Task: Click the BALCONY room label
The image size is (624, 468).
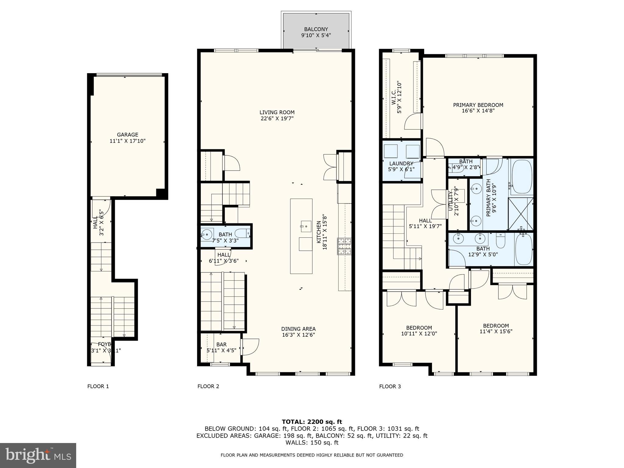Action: tap(316, 29)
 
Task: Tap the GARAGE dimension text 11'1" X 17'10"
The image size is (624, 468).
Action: tap(127, 141)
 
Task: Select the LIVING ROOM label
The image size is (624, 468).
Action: tap(277, 112)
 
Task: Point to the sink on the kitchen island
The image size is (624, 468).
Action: tap(306, 226)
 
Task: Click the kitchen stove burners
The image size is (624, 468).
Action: tap(344, 246)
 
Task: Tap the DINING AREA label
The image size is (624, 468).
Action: tap(298, 329)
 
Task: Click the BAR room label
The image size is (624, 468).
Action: tap(222, 345)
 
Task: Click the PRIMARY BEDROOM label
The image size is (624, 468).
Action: tap(478, 105)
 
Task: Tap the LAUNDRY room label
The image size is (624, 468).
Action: tap(401, 164)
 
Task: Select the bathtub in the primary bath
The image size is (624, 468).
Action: tap(522, 177)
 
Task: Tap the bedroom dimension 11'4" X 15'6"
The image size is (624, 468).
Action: tap(496, 331)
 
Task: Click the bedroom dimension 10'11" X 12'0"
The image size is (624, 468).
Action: tap(419, 334)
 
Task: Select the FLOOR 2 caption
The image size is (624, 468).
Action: tap(208, 386)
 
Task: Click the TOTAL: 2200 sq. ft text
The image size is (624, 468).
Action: tap(312, 422)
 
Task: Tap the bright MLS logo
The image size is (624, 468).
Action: tap(38, 455)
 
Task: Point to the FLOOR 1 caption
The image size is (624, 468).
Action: tap(98, 386)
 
